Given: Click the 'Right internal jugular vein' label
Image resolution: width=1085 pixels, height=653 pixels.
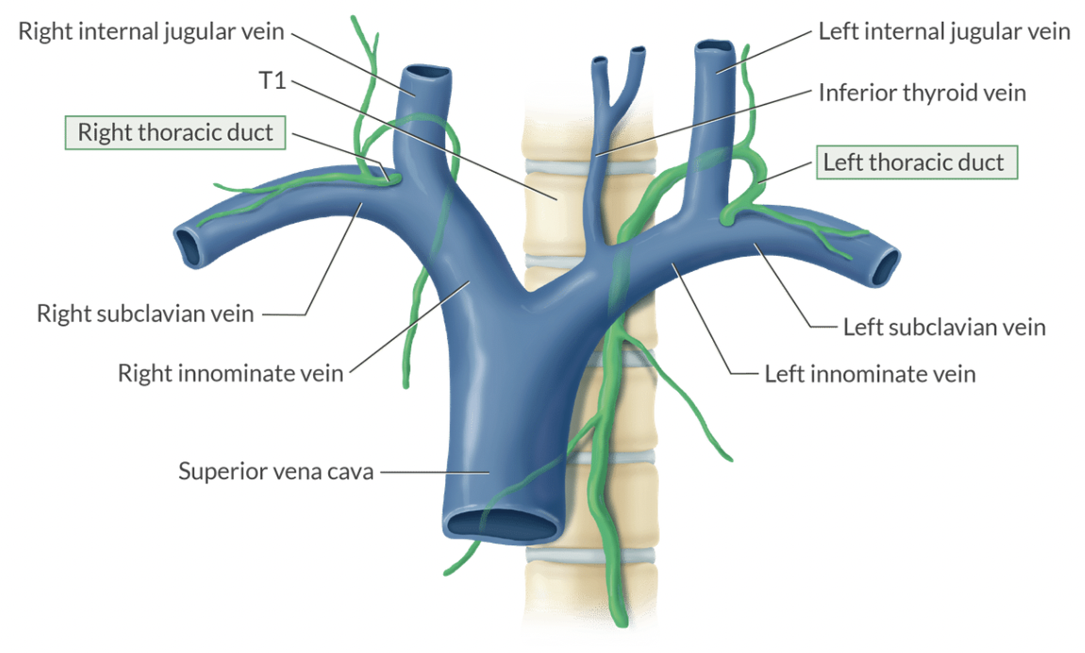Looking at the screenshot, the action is coord(151,31).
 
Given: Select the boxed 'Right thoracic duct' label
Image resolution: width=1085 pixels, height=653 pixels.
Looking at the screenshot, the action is coord(175,132).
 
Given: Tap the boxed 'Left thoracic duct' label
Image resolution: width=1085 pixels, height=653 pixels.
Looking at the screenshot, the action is coord(914,162).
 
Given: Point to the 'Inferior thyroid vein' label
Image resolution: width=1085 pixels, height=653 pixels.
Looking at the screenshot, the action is coord(922,92).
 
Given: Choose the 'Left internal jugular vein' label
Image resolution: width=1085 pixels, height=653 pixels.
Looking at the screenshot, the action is coord(944,31).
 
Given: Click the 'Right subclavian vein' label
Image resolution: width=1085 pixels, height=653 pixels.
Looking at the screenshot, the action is coord(145,313).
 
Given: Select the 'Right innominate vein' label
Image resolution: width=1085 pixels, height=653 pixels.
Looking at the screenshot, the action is coord(231,373).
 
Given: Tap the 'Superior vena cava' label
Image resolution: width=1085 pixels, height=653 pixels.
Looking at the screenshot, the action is coord(275,470).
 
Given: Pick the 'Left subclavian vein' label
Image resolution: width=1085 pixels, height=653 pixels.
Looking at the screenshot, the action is coord(944,326).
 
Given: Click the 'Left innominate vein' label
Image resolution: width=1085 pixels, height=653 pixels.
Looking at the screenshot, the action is coord(870,374).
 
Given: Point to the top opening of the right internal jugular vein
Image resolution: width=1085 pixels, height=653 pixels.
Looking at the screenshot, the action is coord(422,73).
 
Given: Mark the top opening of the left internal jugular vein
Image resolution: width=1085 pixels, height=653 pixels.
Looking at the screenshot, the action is coord(714,46).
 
